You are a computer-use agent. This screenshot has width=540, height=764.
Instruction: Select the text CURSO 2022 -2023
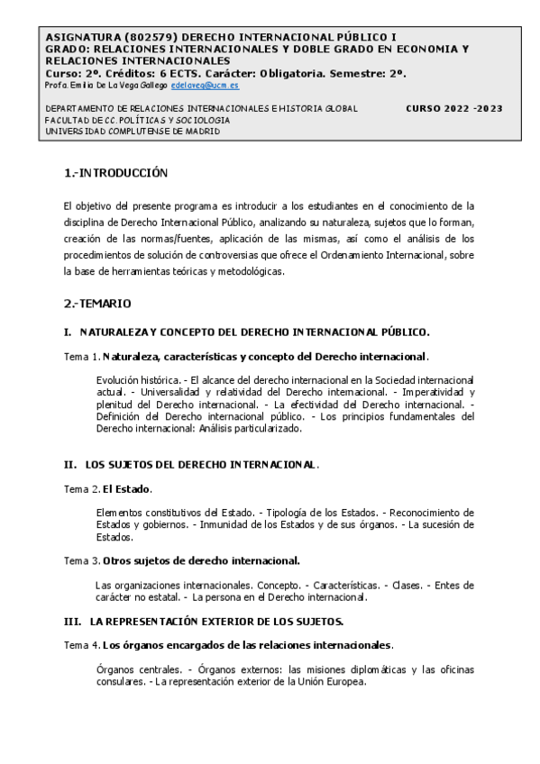(454, 108)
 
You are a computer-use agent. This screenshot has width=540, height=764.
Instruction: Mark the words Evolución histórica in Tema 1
(138, 380)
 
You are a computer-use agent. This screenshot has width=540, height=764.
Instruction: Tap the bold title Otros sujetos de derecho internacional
(201, 560)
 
